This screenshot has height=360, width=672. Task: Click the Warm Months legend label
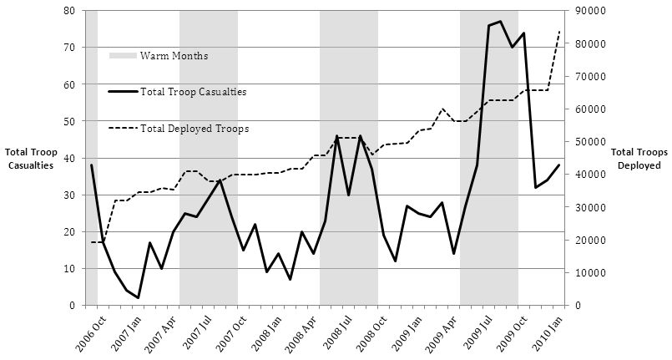click(x=174, y=56)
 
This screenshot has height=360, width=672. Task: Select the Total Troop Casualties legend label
click(x=193, y=92)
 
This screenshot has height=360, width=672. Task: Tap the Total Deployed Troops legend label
click(x=195, y=129)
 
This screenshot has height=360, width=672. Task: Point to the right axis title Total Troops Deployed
click(x=636, y=159)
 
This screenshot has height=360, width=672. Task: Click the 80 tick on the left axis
click(x=69, y=11)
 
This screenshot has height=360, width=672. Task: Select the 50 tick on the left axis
click(x=69, y=121)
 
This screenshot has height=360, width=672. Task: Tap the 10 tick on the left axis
click(x=69, y=269)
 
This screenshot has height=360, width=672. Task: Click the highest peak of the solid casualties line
click(x=500, y=22)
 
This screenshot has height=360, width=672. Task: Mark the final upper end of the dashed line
click(x=558, y=31)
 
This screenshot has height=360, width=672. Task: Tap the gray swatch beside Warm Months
click(x=123, y=56)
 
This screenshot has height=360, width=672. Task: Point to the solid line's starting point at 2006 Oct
click(x=92, y=165)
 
